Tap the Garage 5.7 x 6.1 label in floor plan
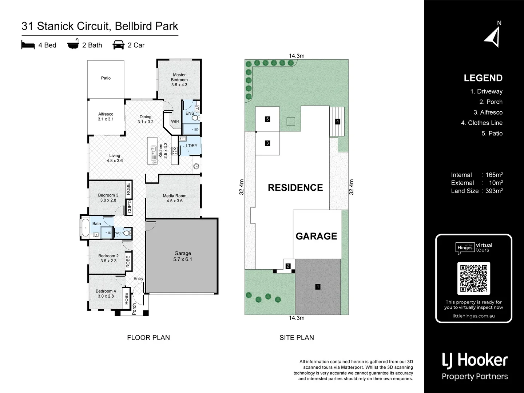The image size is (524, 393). [182, 256]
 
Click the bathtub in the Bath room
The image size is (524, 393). [85, 228]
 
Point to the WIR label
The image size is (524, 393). [175, 122]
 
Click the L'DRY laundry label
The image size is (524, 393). [191, 146]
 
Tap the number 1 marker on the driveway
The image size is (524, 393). [318, 287]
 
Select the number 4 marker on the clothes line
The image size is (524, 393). [338, 122]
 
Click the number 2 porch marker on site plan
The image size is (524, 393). [288, 266]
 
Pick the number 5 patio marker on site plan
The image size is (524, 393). [267, 119]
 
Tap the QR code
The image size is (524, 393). [473, 278]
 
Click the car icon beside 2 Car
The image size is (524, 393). [119, 45]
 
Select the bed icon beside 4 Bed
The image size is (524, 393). [28, 45]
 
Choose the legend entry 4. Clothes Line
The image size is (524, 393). [481, 123]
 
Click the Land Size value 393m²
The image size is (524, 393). [494, 191]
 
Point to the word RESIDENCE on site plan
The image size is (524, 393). [295, 188]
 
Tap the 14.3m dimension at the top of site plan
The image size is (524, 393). [297, 56]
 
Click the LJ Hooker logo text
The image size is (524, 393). [475, 360]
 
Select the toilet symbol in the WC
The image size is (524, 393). [127, 233]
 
